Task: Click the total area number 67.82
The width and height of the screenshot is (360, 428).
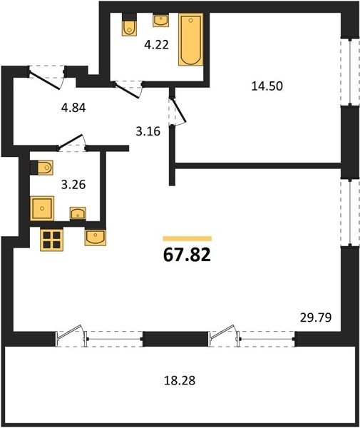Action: pos(187,255)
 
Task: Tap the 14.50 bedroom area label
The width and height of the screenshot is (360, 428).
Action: pos(267,86)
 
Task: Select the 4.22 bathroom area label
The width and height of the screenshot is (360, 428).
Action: pos(157,45)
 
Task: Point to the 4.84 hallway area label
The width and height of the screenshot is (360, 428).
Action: pos(73,108)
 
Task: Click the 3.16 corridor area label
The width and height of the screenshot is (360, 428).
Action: pos(148,131)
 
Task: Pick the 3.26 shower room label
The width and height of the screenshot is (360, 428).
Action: pos(73,185)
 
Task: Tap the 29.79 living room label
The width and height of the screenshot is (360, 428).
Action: pos(316,317)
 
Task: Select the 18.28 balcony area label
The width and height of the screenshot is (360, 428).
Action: pos(180,380)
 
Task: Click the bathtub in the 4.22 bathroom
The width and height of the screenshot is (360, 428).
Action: pos(190,39)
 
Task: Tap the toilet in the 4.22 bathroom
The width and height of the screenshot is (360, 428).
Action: pos(129,24)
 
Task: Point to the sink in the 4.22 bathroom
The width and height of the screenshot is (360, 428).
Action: pos(160,21)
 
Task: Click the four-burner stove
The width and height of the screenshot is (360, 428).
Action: pos(51,240)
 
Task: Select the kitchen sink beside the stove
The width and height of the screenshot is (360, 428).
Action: pos(96,238)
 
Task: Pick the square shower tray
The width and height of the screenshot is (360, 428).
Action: pos(42,208)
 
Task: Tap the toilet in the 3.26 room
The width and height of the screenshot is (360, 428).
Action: pos(42,168)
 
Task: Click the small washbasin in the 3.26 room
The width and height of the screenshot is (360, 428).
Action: pos(78,213)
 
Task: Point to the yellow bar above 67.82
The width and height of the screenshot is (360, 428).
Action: pos(187,238)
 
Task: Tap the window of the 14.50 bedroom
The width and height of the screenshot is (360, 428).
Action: pos(350,72)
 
